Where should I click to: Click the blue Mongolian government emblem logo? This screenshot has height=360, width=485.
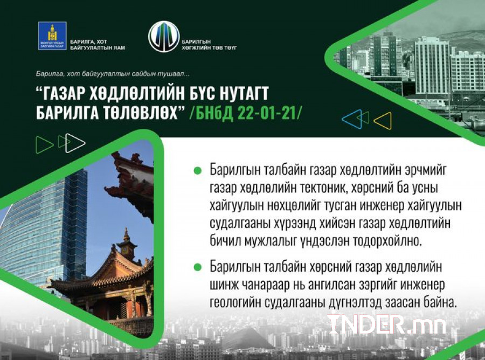pos(52,36)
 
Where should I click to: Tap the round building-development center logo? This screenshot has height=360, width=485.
pos(164,37)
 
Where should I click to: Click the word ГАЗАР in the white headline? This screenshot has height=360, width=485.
pos(62,93)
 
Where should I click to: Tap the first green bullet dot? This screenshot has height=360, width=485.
pos(197,170)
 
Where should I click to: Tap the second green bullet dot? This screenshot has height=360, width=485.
pos(197,267)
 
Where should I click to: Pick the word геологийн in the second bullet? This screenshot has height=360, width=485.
pos(234,303)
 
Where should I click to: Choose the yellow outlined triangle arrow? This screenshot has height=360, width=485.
pos(384,121)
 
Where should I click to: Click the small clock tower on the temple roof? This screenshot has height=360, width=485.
pos(127,246)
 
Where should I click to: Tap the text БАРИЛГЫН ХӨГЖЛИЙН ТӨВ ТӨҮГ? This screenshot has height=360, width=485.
pos(209,45)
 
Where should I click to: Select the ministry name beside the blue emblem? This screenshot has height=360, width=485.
pos(98,45)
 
